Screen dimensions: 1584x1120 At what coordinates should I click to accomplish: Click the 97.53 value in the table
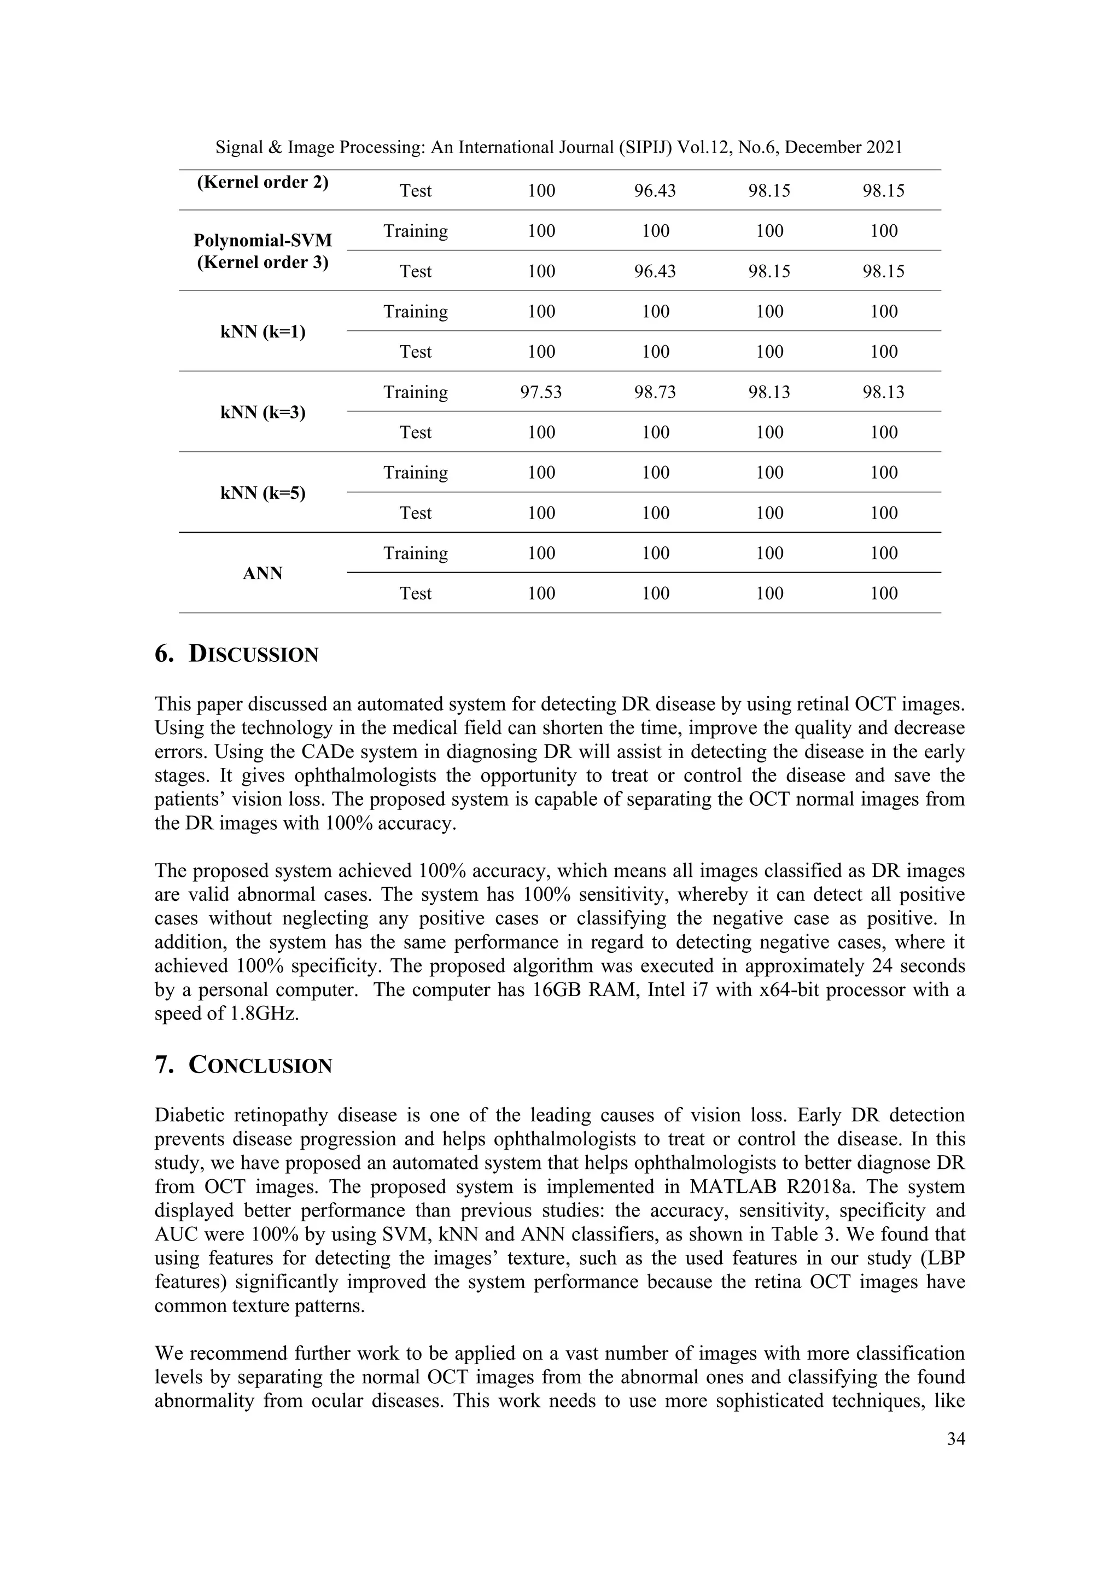click(x=541, y=393)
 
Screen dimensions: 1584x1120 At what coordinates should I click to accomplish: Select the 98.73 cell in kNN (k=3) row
click(x=655, y=393)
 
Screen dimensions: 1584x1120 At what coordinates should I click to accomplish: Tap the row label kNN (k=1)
click(x=262, y=333)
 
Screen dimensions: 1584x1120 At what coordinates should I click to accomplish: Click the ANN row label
click(x=262, y=574)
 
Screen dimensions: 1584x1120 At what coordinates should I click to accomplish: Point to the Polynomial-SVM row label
click(x=262, y=241)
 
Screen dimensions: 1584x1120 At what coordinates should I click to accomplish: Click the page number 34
click(x=956, y=1439)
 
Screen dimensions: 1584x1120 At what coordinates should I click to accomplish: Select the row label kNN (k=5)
click(x=262, y=493)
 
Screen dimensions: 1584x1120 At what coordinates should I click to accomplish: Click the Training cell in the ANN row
click(x=415, y=554)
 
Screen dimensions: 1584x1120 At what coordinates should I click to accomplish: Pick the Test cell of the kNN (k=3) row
click(x=415, y=433)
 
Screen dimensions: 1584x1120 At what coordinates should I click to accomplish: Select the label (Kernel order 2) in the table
click(x=262, y=183)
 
